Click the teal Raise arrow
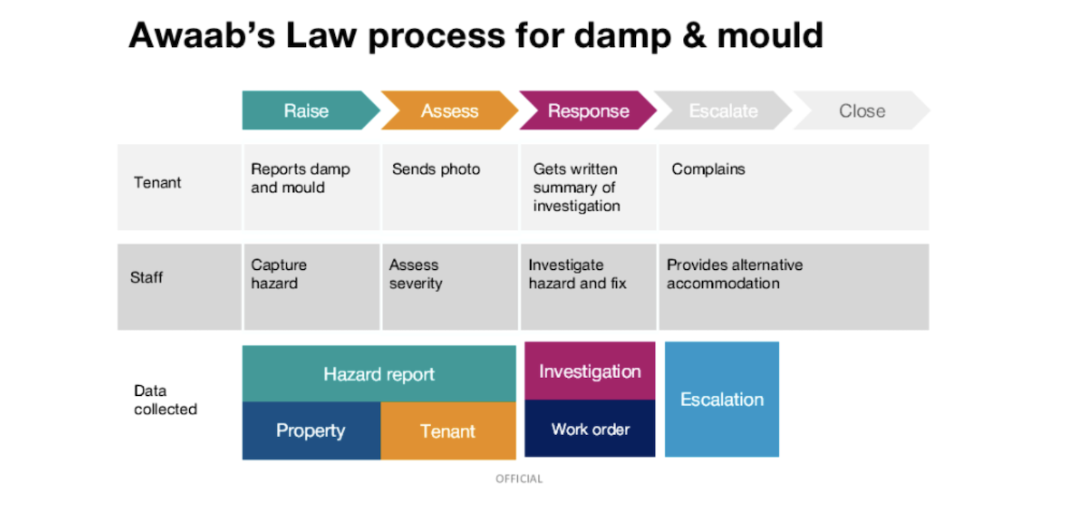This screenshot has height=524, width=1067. (x=307, y=111)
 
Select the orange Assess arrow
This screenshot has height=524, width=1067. (x=449, y=111)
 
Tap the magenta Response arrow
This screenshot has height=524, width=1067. (x=588, y=111)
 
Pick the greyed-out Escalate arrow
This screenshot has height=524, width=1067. (x=723, y=111)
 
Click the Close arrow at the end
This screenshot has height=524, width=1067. (x=861, y=111)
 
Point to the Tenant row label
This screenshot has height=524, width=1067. (x=157, y=182)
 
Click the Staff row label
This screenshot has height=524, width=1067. (x=147, y=278)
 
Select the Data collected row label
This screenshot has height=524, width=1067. (x=165, y=400)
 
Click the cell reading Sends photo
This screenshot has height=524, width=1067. (x=436, y=169)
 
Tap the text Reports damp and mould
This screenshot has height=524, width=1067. (x=300, y=179)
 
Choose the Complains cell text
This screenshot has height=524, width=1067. (x=708, y=169)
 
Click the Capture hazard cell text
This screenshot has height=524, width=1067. (x=279, y=274)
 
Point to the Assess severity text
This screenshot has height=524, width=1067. (x=415, y=274)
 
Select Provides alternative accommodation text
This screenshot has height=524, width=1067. (x=734, y=274)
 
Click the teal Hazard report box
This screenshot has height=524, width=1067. (x=378, y=374)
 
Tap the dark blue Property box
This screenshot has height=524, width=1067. (x=310, y=431)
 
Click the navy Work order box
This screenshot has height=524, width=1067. (x=590, y=429)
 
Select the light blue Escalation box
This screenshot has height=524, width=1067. (x=721, y=399)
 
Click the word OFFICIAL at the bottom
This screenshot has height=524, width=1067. (x=519, y=479)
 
